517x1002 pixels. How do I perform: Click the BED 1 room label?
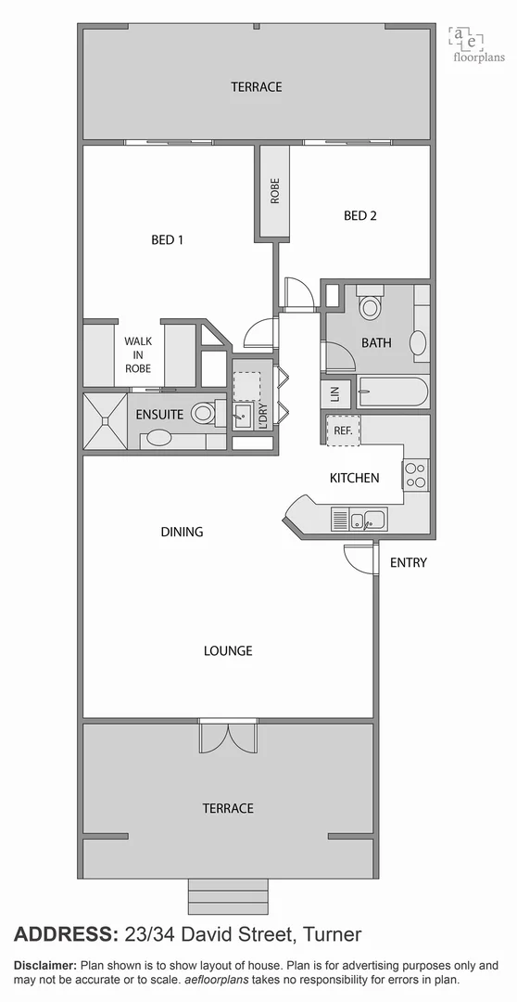pyautogui.click(x=167, y=240)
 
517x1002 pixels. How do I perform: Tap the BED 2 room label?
pyautogui.click(x=360, y=216)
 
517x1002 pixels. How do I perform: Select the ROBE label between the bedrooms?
pyautogui.click(x=274, y=191)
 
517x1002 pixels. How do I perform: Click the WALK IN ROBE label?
pyautogui.click(x=138, y=354)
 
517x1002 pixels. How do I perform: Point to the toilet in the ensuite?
pyautogui.click(x=205, y=414)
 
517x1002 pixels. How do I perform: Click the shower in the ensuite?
pyautogui.click(x=105, y=420)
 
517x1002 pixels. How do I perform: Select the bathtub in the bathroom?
pyautogui.click(x=393, y=392)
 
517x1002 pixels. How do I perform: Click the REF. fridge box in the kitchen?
pyautogui.click(x=342, y=430)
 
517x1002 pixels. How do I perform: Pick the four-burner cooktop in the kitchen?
pyautogui.click(x=415, y=476)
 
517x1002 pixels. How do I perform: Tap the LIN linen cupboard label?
pyautogui.click(x=334, y=393)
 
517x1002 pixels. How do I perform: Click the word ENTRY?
pyautogui.click(x=408, y=562)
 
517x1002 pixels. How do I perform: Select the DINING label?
pyautogui.click(x=182, y=532)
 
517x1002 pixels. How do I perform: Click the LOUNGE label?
pyautogui.click(x=228, y=650)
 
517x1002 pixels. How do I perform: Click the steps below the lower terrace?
pyautogui.click(x=227, y=896)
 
